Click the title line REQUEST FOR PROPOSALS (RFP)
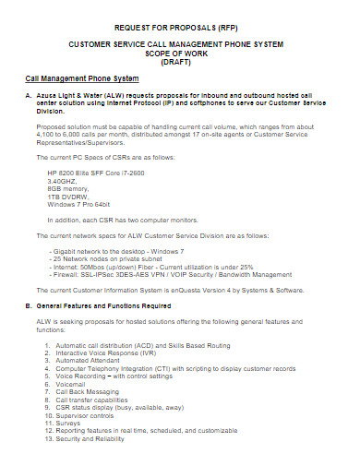pos(180,28)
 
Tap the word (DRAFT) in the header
pos(180,63)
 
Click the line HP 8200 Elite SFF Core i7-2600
pos(102,172)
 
